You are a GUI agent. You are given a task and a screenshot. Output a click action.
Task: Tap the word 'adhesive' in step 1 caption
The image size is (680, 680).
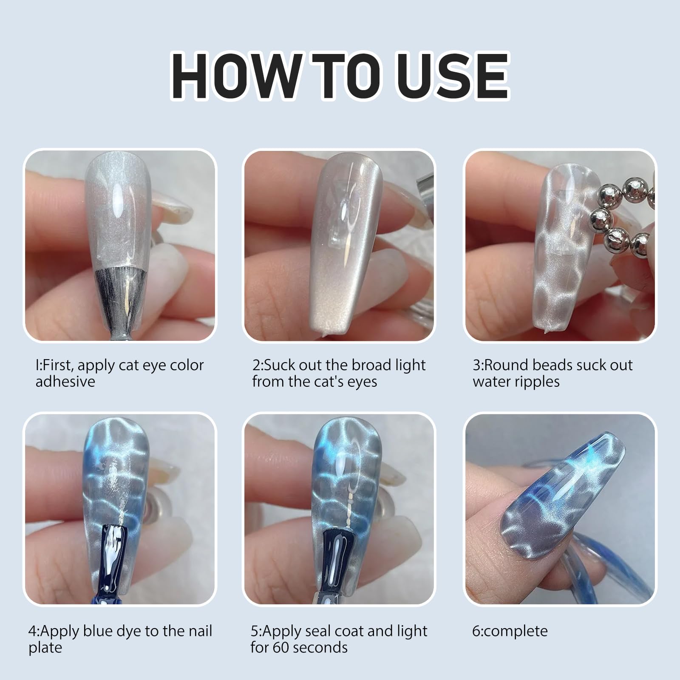[65, 381]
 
